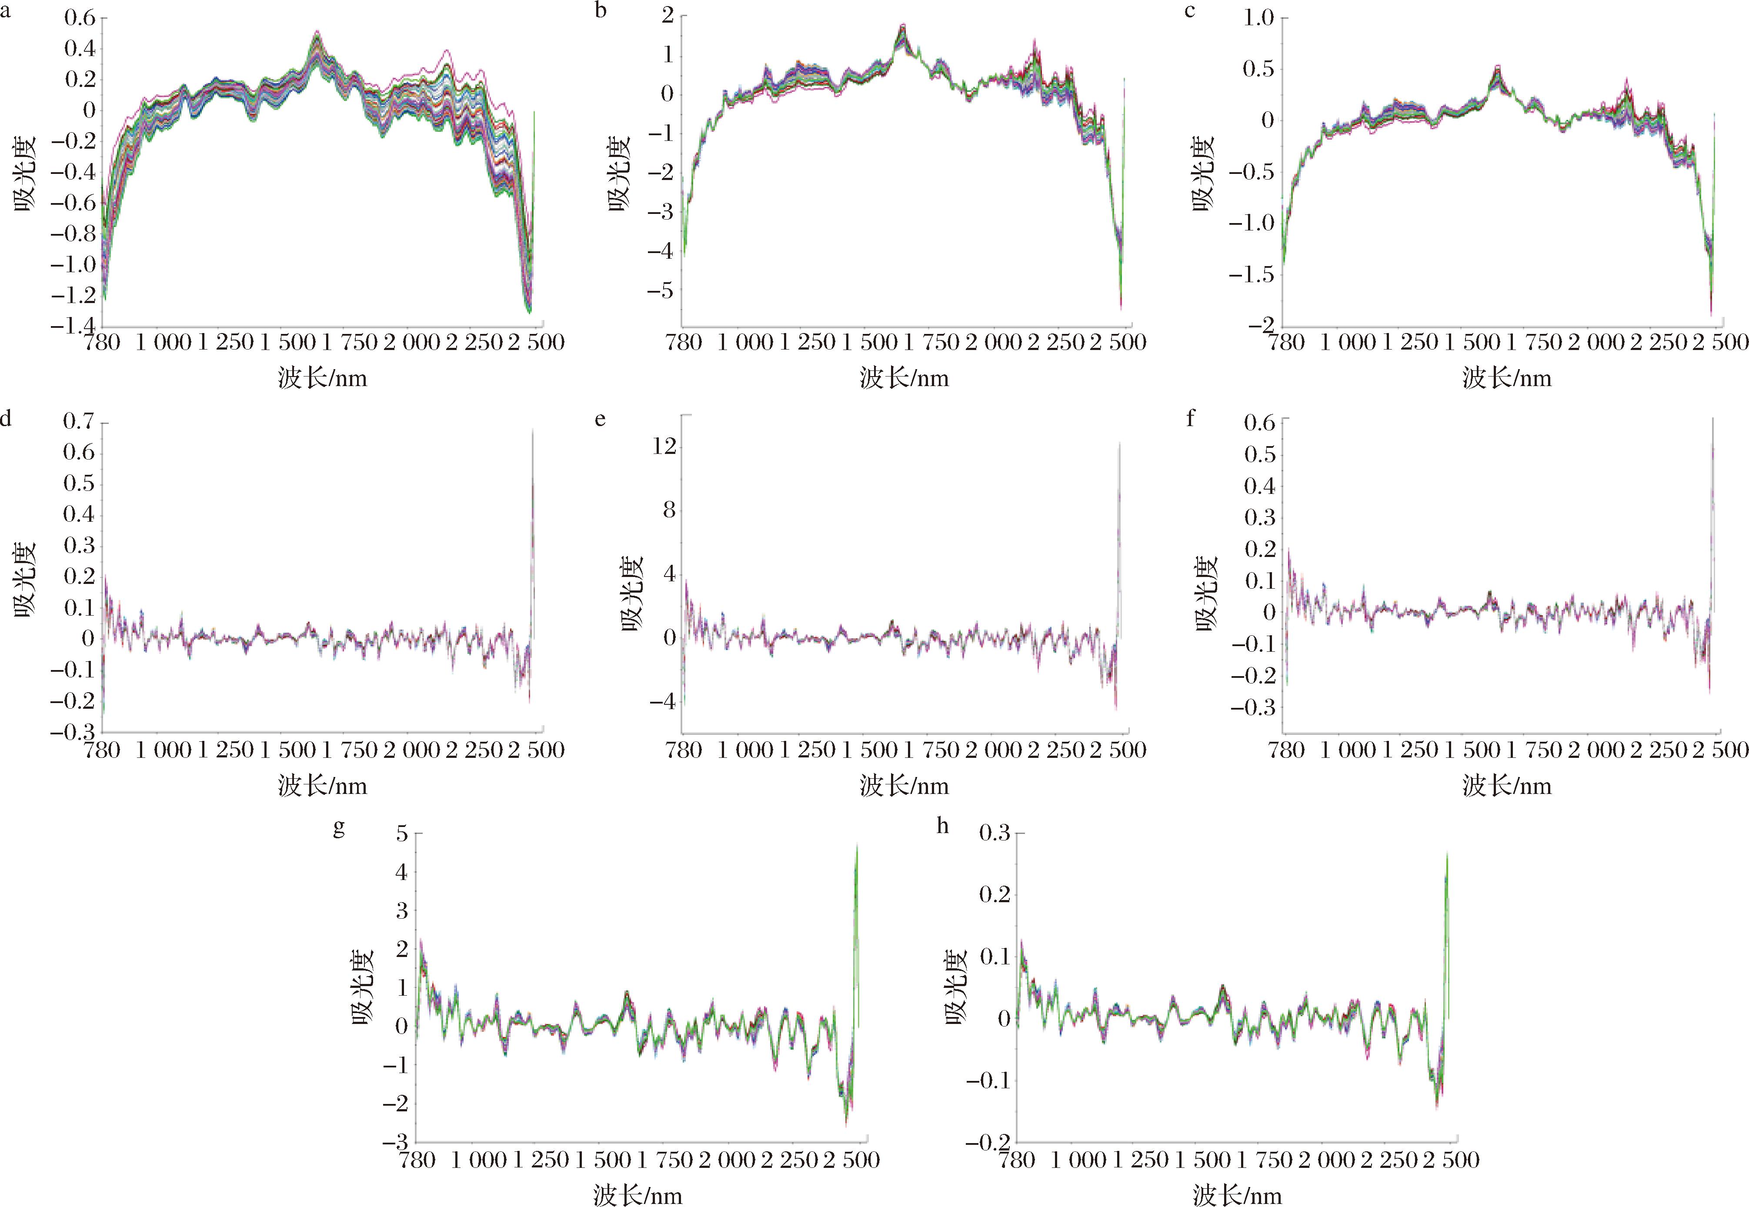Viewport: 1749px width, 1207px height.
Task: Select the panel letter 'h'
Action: (942, 826)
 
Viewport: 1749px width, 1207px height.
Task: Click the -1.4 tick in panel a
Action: (73, 326)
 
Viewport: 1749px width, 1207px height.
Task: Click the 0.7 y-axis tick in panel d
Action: (79, 421)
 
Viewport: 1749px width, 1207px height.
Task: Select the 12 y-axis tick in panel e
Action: (664, 446)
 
